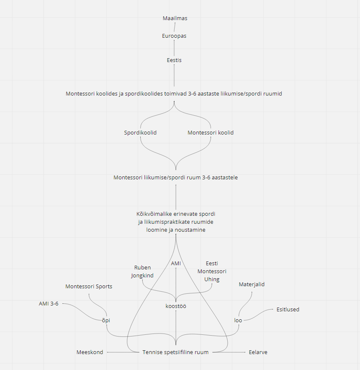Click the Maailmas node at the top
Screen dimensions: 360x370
175,18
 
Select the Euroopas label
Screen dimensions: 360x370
174,36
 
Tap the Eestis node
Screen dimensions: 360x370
174,60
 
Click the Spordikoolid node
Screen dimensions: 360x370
140,132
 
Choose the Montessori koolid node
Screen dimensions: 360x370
211,132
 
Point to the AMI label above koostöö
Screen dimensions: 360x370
176,263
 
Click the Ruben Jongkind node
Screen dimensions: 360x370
142,272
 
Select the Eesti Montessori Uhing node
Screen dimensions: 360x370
212,272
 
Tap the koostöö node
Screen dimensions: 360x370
176,306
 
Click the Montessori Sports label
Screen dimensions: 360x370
89,287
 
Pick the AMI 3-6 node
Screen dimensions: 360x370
49,304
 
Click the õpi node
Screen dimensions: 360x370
106,320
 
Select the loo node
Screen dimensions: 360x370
238,320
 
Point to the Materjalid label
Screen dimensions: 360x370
252,285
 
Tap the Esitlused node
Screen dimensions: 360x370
288,309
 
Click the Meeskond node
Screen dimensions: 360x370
90,352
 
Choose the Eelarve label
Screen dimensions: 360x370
258,352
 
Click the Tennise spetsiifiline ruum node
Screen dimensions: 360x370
176,352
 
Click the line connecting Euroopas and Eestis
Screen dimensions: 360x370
174,48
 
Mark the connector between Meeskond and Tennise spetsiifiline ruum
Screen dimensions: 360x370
123,352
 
